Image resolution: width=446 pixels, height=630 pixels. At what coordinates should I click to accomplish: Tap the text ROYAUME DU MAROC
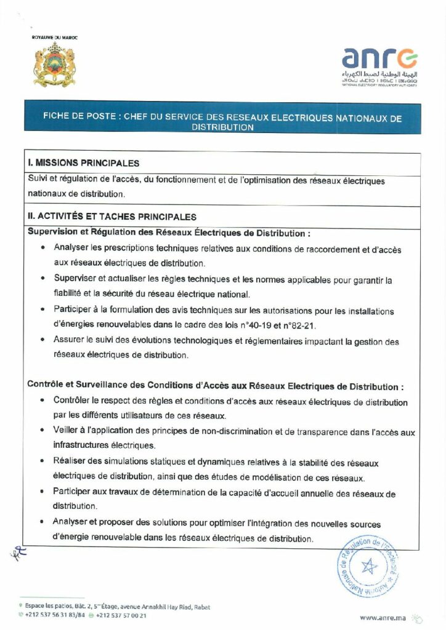point(55,38)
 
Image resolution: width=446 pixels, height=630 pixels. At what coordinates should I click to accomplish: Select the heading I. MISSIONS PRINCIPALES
point(84,163)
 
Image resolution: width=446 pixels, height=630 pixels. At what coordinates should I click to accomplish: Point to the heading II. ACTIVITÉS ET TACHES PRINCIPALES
point(113,217)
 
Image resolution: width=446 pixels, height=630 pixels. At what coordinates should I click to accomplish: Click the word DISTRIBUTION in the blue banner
point(222,128)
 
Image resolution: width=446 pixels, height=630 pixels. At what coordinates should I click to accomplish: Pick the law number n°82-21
point(332,325)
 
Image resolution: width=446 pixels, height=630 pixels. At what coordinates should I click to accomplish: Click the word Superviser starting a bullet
point(75,280)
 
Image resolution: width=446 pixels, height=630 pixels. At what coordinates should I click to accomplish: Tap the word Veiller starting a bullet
point(67,432)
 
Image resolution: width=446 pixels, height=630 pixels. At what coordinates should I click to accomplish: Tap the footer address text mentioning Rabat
point(117,607)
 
